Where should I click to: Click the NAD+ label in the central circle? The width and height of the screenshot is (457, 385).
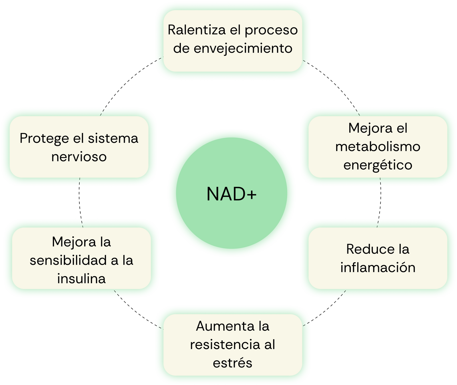231,194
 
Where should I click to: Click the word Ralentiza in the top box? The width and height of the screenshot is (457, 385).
197,30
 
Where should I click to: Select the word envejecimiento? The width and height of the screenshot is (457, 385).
243,48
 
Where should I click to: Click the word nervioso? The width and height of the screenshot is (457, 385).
79,157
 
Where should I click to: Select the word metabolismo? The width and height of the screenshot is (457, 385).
378,147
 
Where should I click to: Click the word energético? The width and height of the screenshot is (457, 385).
378,165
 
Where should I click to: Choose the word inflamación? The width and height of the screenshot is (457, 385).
378,268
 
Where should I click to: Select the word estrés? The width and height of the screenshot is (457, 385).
232,363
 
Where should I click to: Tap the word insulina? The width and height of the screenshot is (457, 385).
81,279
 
